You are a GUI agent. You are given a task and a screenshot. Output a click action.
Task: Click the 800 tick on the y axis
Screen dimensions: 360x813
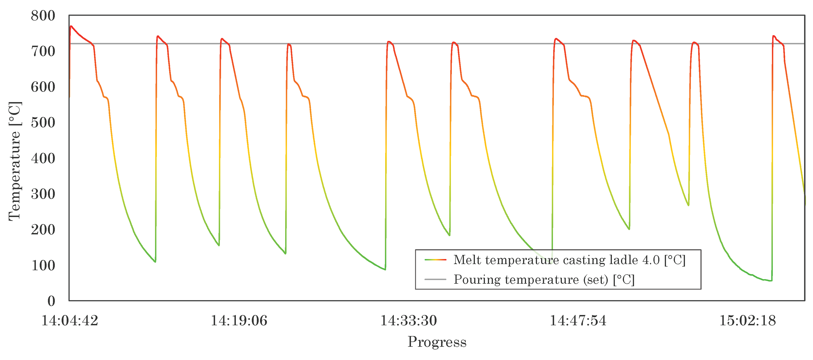43,16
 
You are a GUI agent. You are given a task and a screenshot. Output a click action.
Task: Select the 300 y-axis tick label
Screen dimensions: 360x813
43,194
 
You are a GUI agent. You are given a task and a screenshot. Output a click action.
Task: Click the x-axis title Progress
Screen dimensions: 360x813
437,342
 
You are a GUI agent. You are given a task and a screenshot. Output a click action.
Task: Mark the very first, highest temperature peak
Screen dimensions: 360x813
71,26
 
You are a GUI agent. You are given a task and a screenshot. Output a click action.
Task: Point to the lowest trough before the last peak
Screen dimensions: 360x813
771,281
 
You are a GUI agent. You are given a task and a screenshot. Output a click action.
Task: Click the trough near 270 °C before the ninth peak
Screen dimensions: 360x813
688,205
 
